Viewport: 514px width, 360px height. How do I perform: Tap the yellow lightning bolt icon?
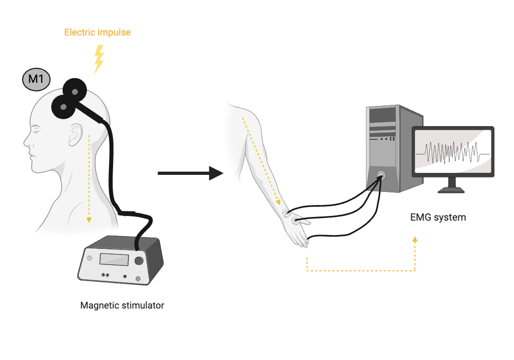[x=99, y=59]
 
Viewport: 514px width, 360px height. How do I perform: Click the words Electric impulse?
[x=97, y=32]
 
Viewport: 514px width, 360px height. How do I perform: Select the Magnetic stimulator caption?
[x=122, y=305]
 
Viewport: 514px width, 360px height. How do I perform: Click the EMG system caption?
[x=438, y=217]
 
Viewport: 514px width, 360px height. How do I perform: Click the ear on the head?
[x=75, y=135]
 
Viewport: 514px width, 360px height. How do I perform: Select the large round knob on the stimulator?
[x=139, y=261]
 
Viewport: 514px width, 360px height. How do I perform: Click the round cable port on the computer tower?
[x=381, y=175]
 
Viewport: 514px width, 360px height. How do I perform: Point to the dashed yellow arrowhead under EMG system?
[x=415, y=239]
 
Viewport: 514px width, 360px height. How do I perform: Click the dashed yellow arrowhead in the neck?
[x=89, y=220]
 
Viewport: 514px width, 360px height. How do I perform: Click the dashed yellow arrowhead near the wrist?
[x=281, y=202]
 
